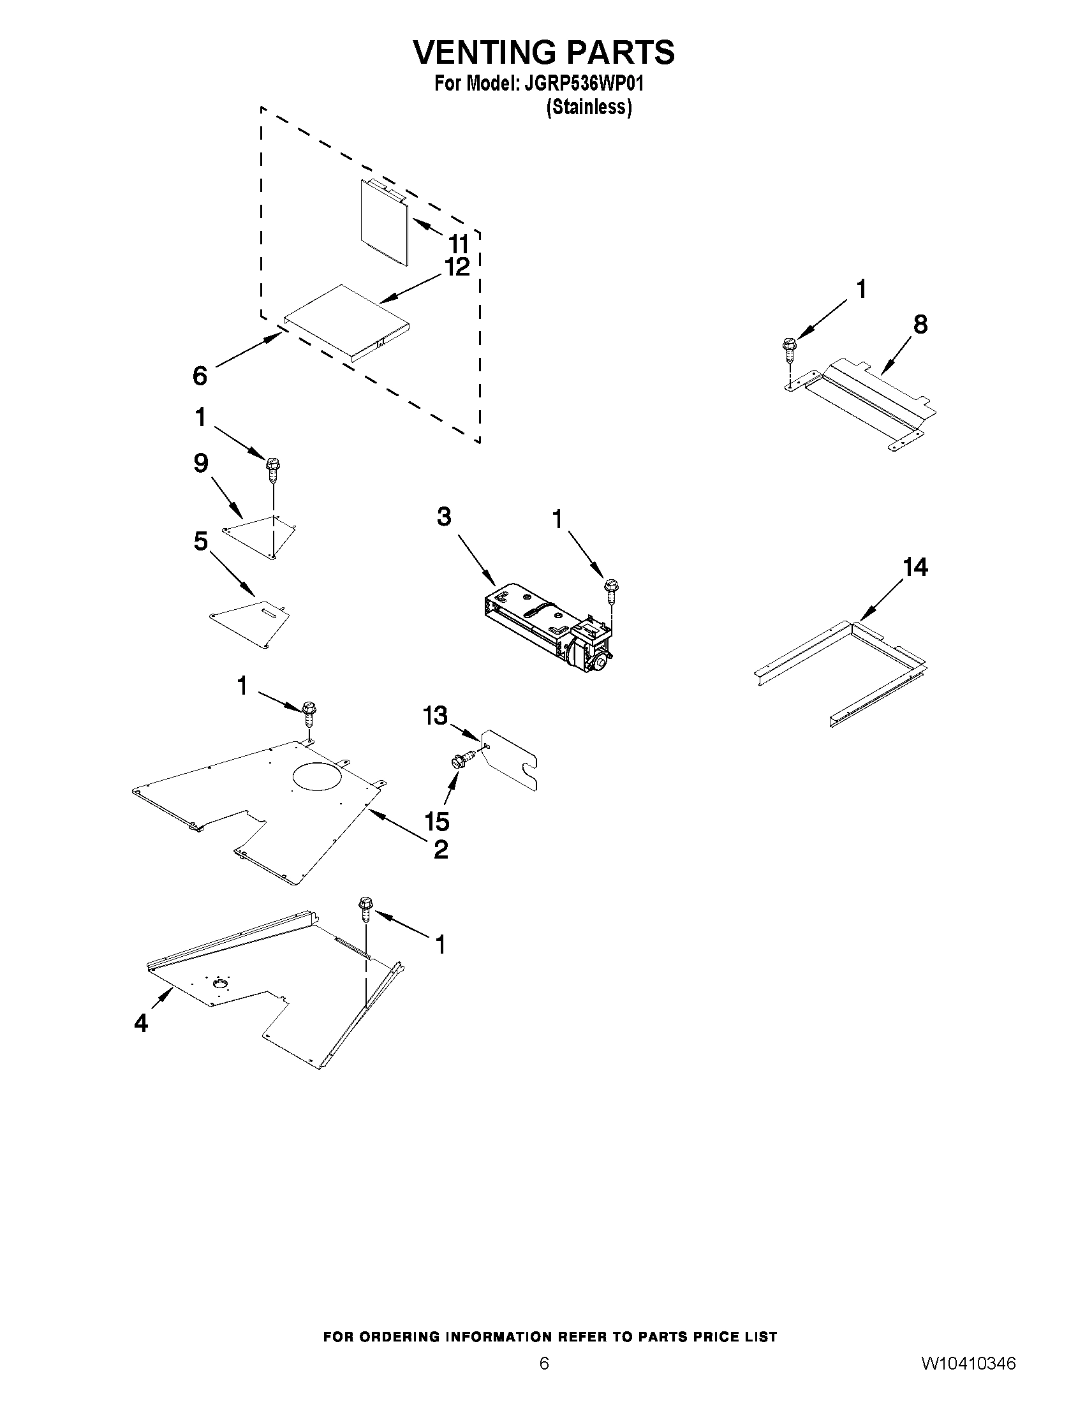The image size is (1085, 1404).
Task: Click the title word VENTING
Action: coord(484,52)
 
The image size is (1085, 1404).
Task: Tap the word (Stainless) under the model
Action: coord(589,107)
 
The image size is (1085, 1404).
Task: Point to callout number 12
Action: coord(457,267)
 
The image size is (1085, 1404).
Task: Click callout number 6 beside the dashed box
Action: coord(200,376)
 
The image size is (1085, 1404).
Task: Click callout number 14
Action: coord(915,567)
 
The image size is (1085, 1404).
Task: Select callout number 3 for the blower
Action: coord(444,516)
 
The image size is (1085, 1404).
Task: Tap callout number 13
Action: coord(435,716)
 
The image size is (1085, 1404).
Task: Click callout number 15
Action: coord(436,821)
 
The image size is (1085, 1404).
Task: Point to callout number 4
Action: coord(141,1022)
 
